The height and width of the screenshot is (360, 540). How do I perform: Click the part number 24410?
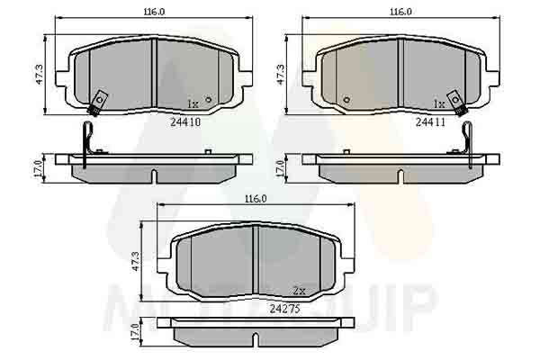coord(185,122)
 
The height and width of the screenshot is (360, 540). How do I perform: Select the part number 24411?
coord(430,122)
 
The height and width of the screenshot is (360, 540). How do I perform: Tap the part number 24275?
coord(284,309)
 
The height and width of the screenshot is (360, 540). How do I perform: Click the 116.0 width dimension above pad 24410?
coord(154,12)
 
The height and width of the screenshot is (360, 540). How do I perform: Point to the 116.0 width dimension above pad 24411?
coord(400,12)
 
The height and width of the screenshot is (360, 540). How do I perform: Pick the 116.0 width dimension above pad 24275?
coord(256,199)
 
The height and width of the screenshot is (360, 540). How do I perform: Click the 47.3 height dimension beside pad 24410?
coord(40,75)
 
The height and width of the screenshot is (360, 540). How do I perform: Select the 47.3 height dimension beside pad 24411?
coord(281,75)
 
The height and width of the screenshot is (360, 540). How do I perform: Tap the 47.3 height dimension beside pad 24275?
coord(136,261)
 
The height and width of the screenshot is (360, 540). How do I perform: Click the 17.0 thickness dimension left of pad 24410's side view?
coord(38,169)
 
